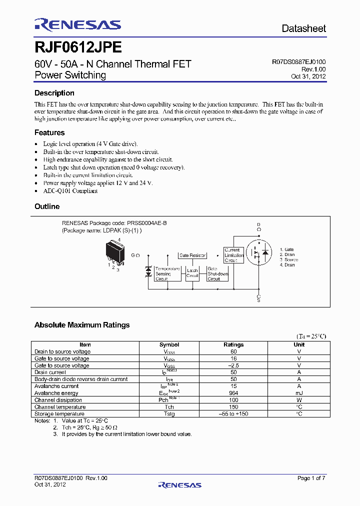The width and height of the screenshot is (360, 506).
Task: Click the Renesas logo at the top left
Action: (77, 24)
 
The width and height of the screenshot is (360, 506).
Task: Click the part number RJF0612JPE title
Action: (77, 47)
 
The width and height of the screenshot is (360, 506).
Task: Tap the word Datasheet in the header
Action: (303, 28)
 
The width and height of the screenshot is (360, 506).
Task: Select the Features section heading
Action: (49, 132)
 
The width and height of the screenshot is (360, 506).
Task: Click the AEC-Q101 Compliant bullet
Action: (70, 190)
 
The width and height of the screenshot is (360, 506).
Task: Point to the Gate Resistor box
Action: (192, 255)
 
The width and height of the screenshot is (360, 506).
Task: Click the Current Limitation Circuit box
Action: (233, 255)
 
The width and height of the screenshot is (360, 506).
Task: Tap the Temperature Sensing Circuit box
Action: (167, 273)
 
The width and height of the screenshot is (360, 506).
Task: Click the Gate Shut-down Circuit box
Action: (218, 273)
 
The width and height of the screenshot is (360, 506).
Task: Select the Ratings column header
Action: (233, 344)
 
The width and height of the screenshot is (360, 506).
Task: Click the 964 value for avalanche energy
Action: (233, 393)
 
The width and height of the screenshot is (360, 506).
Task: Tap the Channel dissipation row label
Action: (58, 400)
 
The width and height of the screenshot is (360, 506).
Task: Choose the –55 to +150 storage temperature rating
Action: (233, 414)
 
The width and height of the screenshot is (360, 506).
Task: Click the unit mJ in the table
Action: (299, 393)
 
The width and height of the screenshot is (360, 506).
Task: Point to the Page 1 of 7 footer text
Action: (311, 478)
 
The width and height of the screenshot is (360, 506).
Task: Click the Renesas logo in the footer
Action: (179, 484)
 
